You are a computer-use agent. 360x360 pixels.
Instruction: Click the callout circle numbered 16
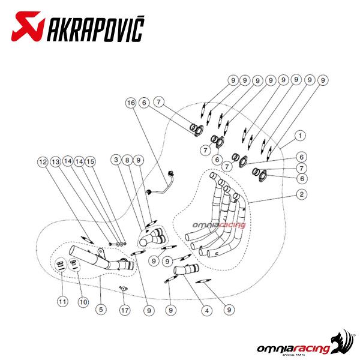(x=131, y=103)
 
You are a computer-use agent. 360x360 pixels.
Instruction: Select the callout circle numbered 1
(x=300, y=136)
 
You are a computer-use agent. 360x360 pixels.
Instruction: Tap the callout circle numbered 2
(x=301, y=194)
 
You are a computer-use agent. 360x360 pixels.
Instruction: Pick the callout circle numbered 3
(x=116, y=160)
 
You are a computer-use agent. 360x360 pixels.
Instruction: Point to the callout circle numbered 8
(x=127, y=160)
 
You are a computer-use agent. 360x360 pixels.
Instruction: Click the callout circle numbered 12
(x=43, y=162)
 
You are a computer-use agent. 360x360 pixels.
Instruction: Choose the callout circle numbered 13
(x=56, y=162)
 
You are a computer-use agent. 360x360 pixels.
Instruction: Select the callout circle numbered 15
(x=91, y=161)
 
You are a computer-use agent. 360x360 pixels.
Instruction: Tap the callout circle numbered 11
(x=62, y=301)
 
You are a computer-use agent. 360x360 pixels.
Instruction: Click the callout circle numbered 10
(x=83, y=302)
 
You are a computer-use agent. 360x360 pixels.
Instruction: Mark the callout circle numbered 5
(x=101, y=309)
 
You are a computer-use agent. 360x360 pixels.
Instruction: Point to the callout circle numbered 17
(x=125, y=310)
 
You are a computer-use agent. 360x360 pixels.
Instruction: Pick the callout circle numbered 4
(x=207, y=311)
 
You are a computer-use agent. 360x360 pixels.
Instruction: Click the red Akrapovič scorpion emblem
(x=28, y=26)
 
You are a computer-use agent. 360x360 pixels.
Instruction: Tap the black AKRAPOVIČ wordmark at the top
(x=95, y=28)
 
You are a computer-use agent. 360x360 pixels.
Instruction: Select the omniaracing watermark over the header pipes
(x=219, y=225)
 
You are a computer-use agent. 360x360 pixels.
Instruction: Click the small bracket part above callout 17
(x=123, y=289)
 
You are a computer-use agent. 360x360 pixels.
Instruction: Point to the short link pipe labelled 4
(x=186, y=269)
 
